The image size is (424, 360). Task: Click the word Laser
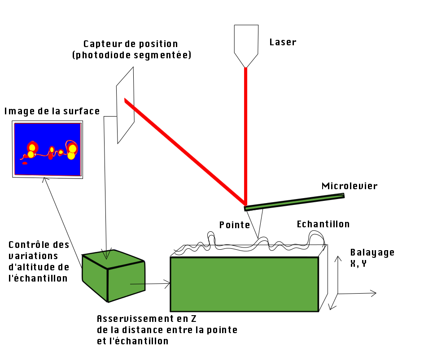(x=283, y=43)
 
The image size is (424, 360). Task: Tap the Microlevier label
(x=349, y=186)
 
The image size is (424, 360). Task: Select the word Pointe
(x=234, y=225)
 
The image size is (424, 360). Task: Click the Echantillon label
(x=323, y=224)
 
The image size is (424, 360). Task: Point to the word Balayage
(x=372, y=252)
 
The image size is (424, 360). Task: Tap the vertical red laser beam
(x=245, y=134)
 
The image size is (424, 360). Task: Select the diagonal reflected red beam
(x=184, y=150)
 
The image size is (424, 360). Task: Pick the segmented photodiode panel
(x=125, y=105)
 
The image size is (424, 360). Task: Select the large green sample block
(x=244, y=284)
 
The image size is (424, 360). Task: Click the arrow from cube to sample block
(x=150, y=283)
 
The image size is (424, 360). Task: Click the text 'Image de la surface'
(x=52, y=111)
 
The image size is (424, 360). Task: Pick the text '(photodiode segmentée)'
(x=131, y=55)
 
